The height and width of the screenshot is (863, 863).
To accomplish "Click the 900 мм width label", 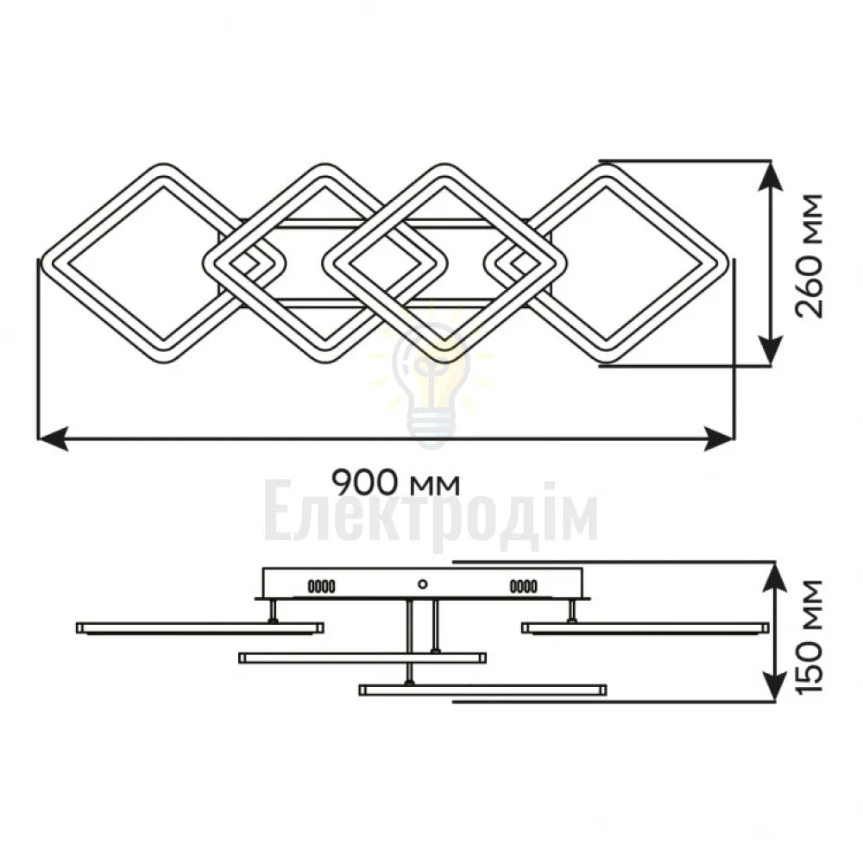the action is click(x=395, y=482).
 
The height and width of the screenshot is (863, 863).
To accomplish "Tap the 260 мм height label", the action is click(x=810, y=255).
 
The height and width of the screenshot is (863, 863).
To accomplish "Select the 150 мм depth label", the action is click(x=810, y=636).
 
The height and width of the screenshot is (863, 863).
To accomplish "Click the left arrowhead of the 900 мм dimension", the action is click(x=53, y=438).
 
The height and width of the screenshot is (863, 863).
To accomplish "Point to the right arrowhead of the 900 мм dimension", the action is click(x=719, y=438).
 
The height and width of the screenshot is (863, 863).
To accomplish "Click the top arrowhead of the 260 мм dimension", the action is click(x=771, y=176).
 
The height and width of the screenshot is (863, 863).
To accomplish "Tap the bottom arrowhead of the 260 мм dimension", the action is click(x=771, y=350).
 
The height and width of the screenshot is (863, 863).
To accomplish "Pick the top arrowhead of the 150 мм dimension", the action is click(x=774, y=577).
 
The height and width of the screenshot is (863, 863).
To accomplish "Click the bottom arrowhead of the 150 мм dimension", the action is click(x=774, y=686).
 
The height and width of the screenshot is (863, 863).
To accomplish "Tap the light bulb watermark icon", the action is click(x=431, y=380).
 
